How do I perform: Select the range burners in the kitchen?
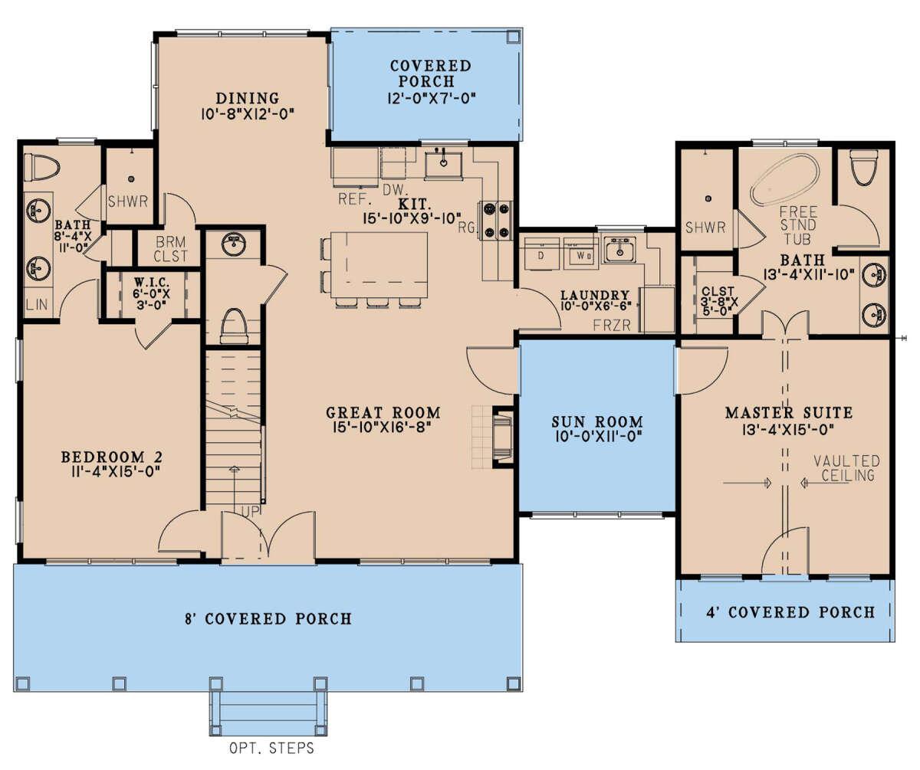(x=497, y=220)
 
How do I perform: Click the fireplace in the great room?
(x=502, y=437)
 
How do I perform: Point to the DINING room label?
(x=247, y=98)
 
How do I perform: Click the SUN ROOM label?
(x=597, y=421)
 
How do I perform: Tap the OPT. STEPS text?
(x=272, y=748)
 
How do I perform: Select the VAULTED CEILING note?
(x=846, y=468)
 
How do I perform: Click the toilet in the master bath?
(x=863, y=167)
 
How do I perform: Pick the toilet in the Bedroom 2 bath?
(x=42, y=167)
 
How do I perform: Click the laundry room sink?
(x=619, y=249)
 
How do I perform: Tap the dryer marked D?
(x=540, y=254)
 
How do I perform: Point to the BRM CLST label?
(x=172, y=249)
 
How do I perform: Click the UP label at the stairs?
(x=251, y=511)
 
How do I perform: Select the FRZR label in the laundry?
(x=612, y=326)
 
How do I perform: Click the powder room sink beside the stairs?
(x=234, y=244)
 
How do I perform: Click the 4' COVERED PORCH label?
(x=790, y=612)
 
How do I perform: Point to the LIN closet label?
(x=37, y=303)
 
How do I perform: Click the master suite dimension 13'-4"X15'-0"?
(x=788, y=429)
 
